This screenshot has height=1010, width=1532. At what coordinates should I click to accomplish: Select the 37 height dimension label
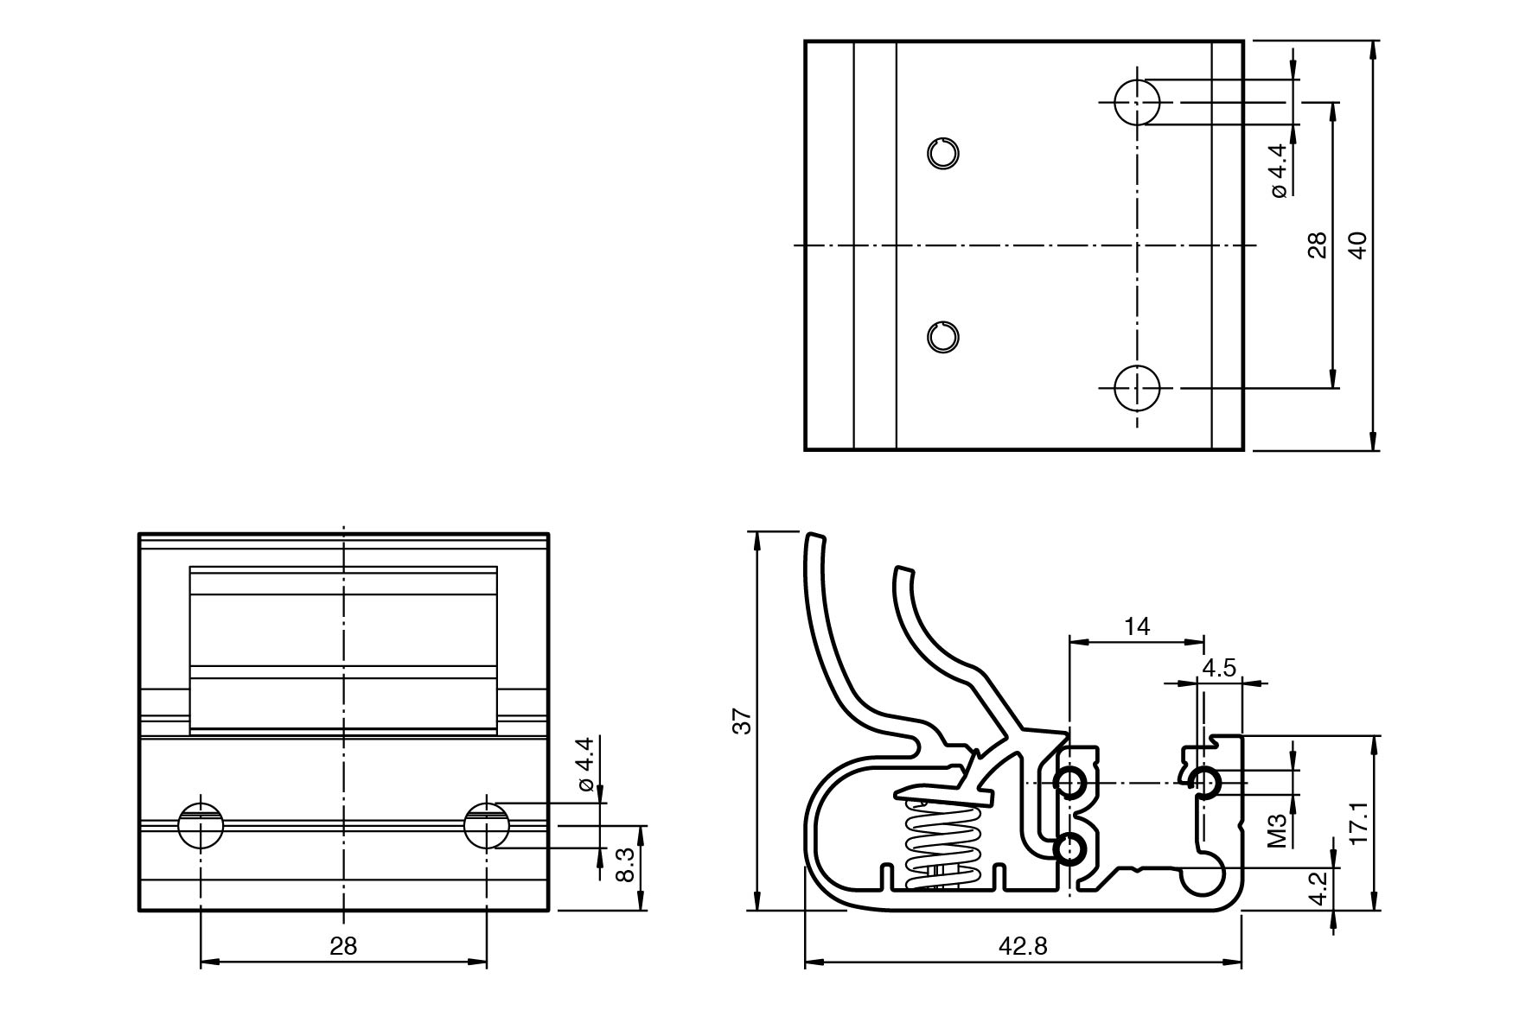point(743,721)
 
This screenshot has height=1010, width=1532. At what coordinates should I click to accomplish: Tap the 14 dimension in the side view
point(1138,626)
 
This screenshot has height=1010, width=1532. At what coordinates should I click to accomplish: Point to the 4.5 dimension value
point(1219,668)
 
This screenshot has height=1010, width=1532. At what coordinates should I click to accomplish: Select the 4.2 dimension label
point(1318,888)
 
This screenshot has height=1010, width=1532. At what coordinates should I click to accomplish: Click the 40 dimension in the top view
point(1357,245)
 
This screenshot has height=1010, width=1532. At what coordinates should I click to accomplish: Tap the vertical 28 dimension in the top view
point(1317,245)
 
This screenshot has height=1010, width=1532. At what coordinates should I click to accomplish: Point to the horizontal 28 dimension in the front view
point(343,946)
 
